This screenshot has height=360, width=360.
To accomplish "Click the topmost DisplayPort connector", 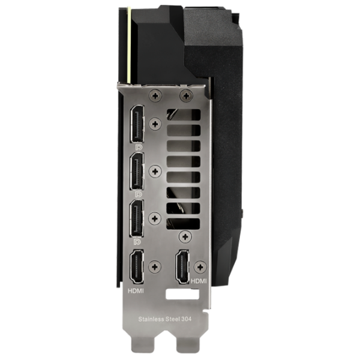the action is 137,124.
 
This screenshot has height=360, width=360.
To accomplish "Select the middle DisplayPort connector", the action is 137,171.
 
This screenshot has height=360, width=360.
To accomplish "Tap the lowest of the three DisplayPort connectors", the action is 137,218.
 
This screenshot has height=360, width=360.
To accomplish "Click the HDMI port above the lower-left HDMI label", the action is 137,267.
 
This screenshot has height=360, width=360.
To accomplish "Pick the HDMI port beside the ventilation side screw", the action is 182,267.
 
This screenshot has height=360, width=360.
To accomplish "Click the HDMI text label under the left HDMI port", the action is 136,291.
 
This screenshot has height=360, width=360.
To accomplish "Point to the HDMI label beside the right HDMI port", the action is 199,281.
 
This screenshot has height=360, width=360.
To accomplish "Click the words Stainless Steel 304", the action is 165,319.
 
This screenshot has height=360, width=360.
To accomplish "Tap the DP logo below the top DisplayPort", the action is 139,147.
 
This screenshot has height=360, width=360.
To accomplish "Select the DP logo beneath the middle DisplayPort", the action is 139,194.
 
